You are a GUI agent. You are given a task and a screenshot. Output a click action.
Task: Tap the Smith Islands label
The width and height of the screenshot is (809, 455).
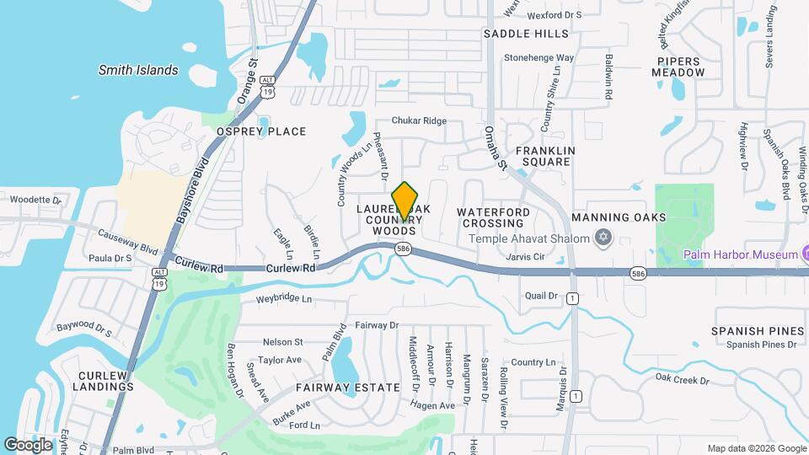tap(138, 70)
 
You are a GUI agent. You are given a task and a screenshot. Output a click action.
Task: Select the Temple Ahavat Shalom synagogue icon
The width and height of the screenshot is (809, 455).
tap(602, 238)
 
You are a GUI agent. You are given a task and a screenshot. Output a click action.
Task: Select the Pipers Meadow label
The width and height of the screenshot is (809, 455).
tap(678, 67)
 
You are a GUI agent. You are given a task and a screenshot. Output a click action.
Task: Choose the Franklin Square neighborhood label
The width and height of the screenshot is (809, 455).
tap(545, 156)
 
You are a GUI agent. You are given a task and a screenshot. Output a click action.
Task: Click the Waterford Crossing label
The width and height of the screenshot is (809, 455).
tap(494, 217)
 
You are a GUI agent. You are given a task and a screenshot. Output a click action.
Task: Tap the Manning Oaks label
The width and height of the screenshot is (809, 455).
tap(630, 217)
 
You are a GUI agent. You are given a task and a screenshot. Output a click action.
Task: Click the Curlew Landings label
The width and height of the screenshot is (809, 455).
tap(106, 381)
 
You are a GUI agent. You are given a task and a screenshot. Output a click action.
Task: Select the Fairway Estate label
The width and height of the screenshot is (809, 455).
tap(347, 388)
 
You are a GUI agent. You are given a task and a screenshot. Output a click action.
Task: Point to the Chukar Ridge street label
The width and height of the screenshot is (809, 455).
tap(419, 120)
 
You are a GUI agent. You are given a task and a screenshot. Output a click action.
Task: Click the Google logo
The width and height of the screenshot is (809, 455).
tap(28, 444)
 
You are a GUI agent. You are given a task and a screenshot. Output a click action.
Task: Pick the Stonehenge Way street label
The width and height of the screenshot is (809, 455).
tap(539, 58)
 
